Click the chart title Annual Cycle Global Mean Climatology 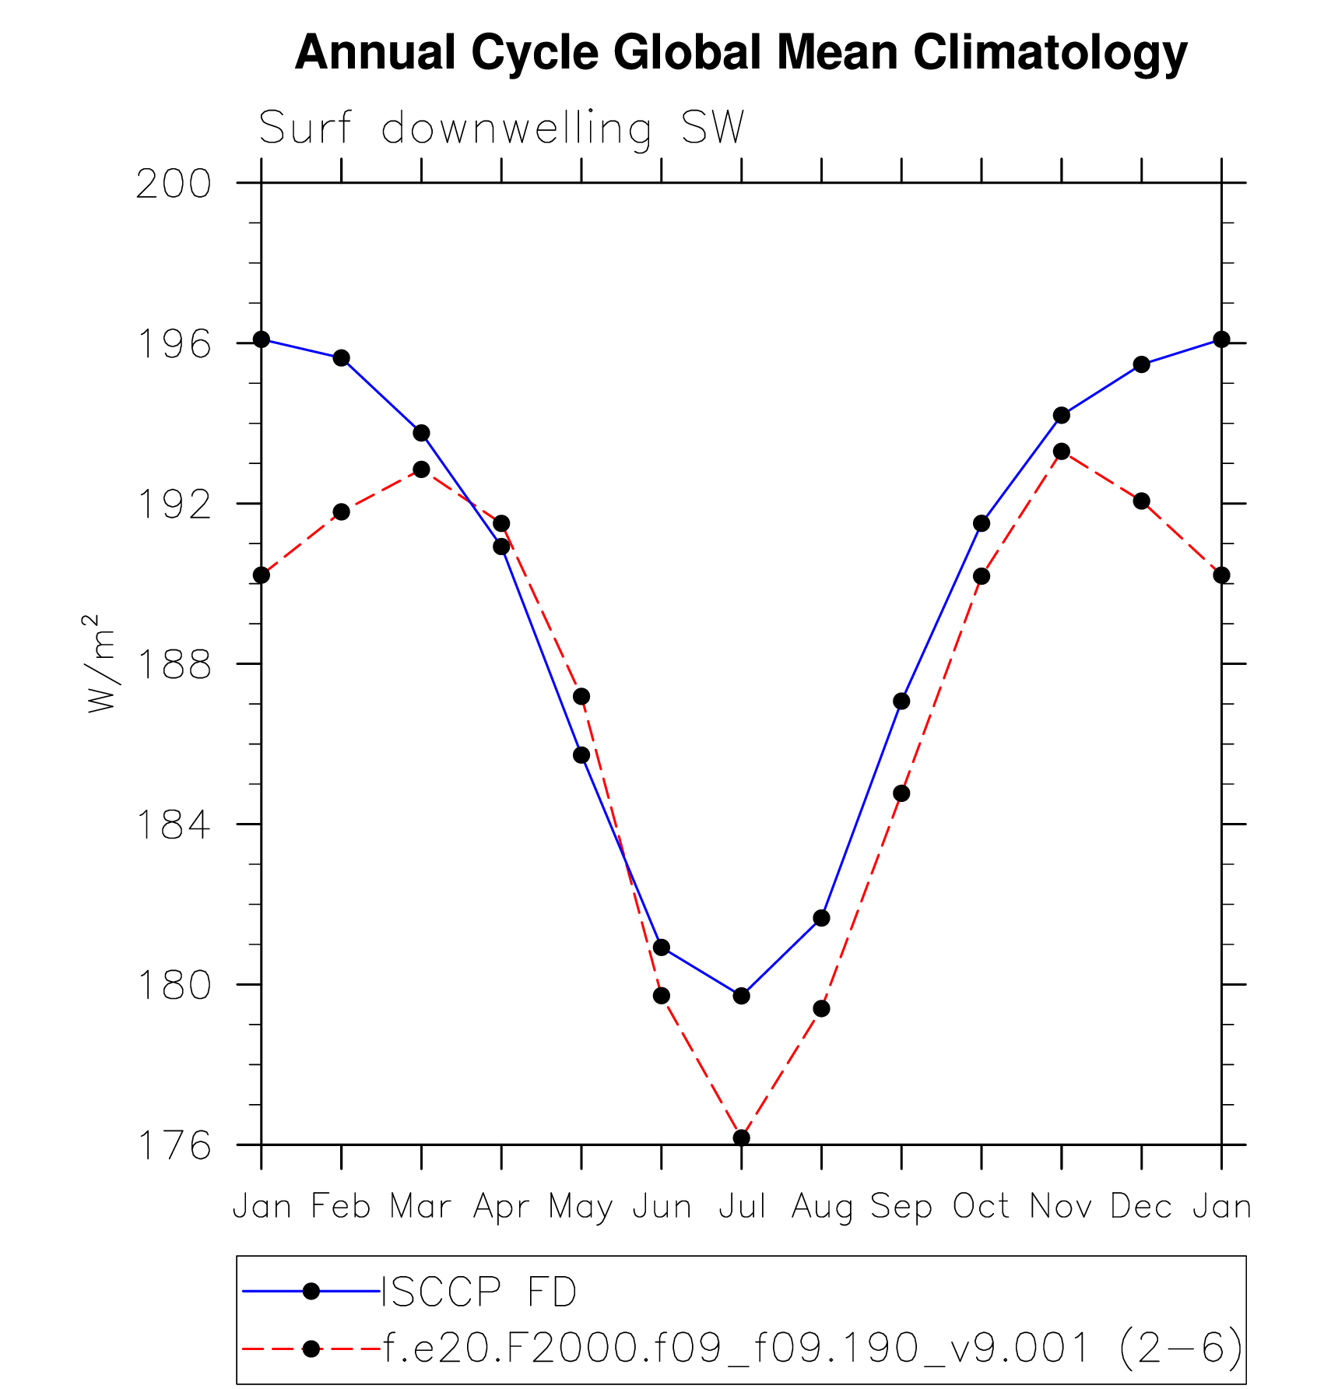[741, 53]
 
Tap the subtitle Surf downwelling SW [501, 128]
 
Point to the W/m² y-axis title [101, 663]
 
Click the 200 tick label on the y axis [174, 185]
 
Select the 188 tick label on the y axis [174, 665]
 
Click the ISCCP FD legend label [479, 1292]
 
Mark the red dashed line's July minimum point [741, 1138]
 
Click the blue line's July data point [741, 996]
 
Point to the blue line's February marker [341, 358]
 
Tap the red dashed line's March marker [421, 469]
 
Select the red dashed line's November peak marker [1061, 452]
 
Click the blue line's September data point [901, 702]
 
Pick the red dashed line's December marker [1141, 501]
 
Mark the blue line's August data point [821, 919]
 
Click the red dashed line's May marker [581, 696]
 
